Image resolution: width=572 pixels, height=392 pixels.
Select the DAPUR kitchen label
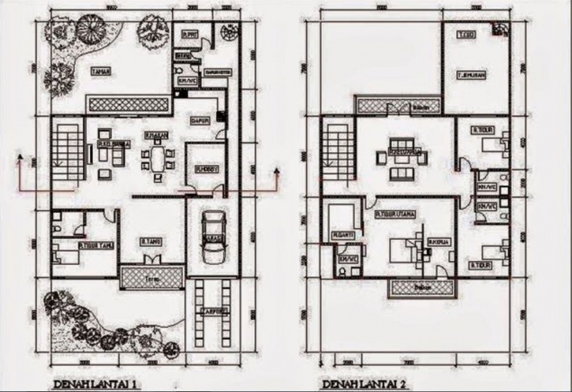click(x=199, y=121)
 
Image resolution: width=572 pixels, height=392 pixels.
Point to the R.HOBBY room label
click(x=206, y=169)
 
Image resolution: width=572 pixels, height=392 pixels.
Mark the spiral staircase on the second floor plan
click(x=500, y=29)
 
